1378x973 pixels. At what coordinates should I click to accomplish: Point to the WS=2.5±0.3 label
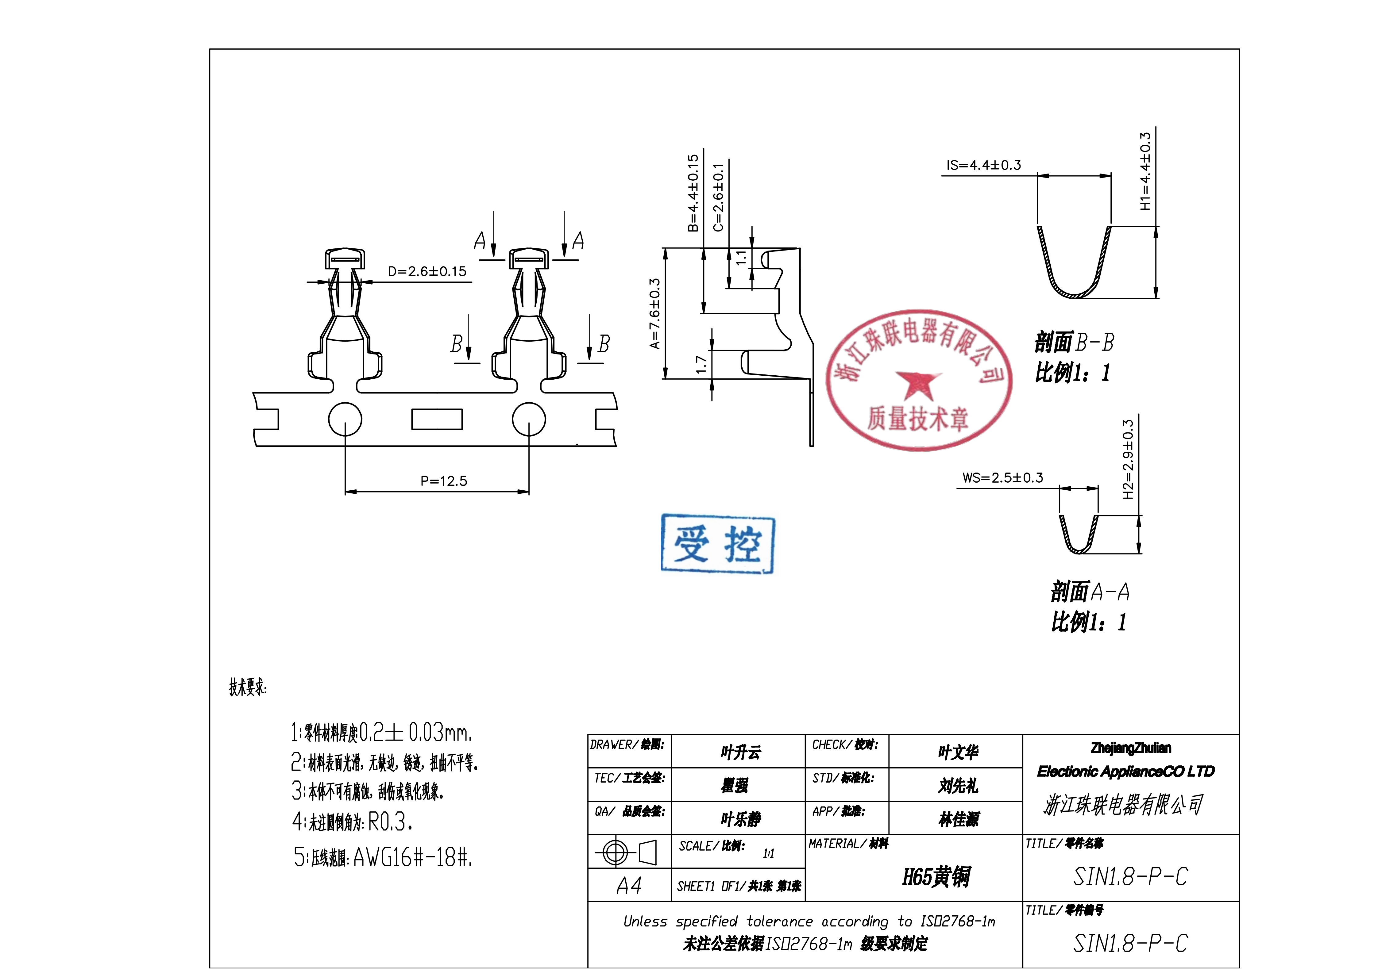coord(1003,478)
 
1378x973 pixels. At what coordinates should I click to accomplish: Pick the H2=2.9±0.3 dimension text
coord(1128,459)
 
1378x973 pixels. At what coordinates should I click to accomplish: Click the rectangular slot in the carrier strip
coord(437,419)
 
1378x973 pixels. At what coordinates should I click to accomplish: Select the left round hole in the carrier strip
coord(345,419)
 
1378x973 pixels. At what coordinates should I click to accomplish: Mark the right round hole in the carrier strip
coord(529,419)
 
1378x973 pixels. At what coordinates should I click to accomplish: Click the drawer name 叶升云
coord(741,752)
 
